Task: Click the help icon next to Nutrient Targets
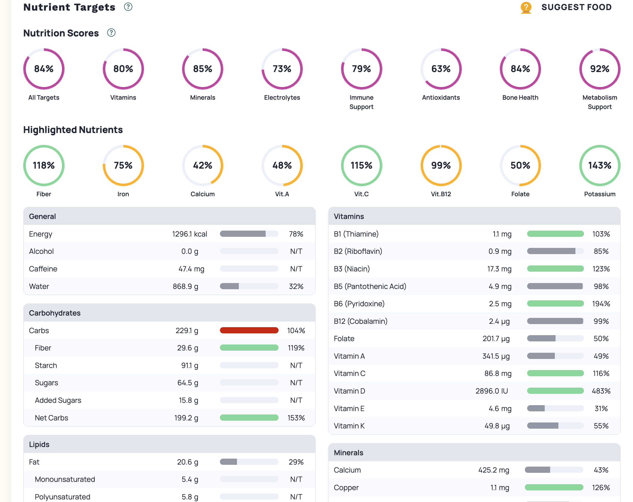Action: coord(128,7)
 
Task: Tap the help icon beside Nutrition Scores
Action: coord(111,33)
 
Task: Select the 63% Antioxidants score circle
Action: coord(441,69)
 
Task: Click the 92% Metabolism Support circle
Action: coord(599,69)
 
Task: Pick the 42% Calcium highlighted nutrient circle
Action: coord(202,165)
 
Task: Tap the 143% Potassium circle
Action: coord(599,165)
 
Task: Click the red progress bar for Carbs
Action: coord(249,331)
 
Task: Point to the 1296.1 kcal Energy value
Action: coord(189,234)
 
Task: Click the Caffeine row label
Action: coord(43,269)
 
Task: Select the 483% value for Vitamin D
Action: coord(601,391)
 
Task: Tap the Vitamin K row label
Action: coord(349,426)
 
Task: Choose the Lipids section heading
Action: coord(39,444)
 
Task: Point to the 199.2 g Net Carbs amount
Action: coord(186,418)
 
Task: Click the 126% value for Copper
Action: coord(601,488)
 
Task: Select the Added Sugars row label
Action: coord(58,400)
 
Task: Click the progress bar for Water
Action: coord(249,286)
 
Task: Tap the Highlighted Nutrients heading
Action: coord(73,130)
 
